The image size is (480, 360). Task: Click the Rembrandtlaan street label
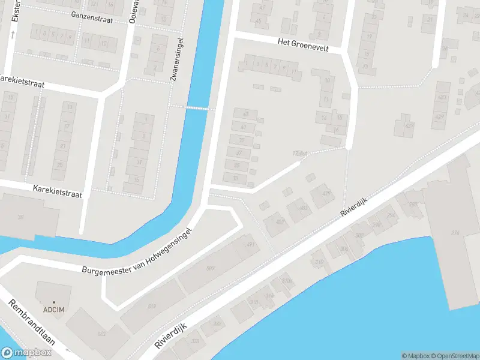(x=32, y=322)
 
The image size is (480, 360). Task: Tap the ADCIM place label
(x=54, y=310)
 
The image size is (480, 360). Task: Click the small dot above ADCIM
(x=54, y=302)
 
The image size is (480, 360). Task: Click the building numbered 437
(x=410, y=125)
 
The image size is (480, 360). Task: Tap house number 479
(x=327, y=193)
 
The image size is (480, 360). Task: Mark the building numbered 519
(x=152, y=307)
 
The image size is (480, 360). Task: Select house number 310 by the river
(x=319, y=262)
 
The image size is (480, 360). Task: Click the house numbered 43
(x=245, y=113)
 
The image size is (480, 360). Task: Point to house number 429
(x=440, y=116)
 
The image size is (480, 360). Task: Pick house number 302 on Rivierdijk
(x=359, y=235)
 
